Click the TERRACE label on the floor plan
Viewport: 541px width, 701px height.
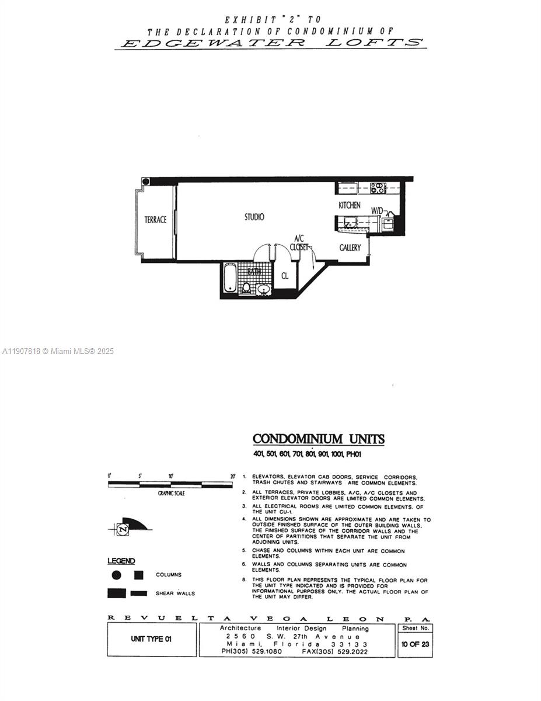(155, 220)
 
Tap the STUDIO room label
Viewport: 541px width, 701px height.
(254, 217)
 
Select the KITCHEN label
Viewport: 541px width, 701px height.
(350, 206)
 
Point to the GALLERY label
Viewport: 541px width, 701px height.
(350, 248)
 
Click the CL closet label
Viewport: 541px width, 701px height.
(285, 276)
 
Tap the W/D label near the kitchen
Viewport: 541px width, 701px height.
(378, 211)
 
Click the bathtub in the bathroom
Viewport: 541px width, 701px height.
(229, 278)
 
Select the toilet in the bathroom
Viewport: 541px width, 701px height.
(246, 287)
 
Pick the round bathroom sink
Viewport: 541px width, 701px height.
(264, 289)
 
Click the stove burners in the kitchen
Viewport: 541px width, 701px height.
(378, 188)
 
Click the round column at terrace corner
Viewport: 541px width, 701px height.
(146, 181)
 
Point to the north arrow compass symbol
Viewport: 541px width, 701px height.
(123, 529)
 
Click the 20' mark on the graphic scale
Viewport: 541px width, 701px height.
(232, 476)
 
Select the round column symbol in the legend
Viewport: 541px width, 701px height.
(116, 575)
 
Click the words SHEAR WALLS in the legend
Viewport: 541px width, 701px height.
(175, 594)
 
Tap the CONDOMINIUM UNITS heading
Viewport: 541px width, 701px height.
(318, 439)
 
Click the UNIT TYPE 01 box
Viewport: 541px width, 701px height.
(151, 639)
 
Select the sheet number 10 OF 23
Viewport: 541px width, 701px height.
(415, 644)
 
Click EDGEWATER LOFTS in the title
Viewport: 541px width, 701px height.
(271, 43)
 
